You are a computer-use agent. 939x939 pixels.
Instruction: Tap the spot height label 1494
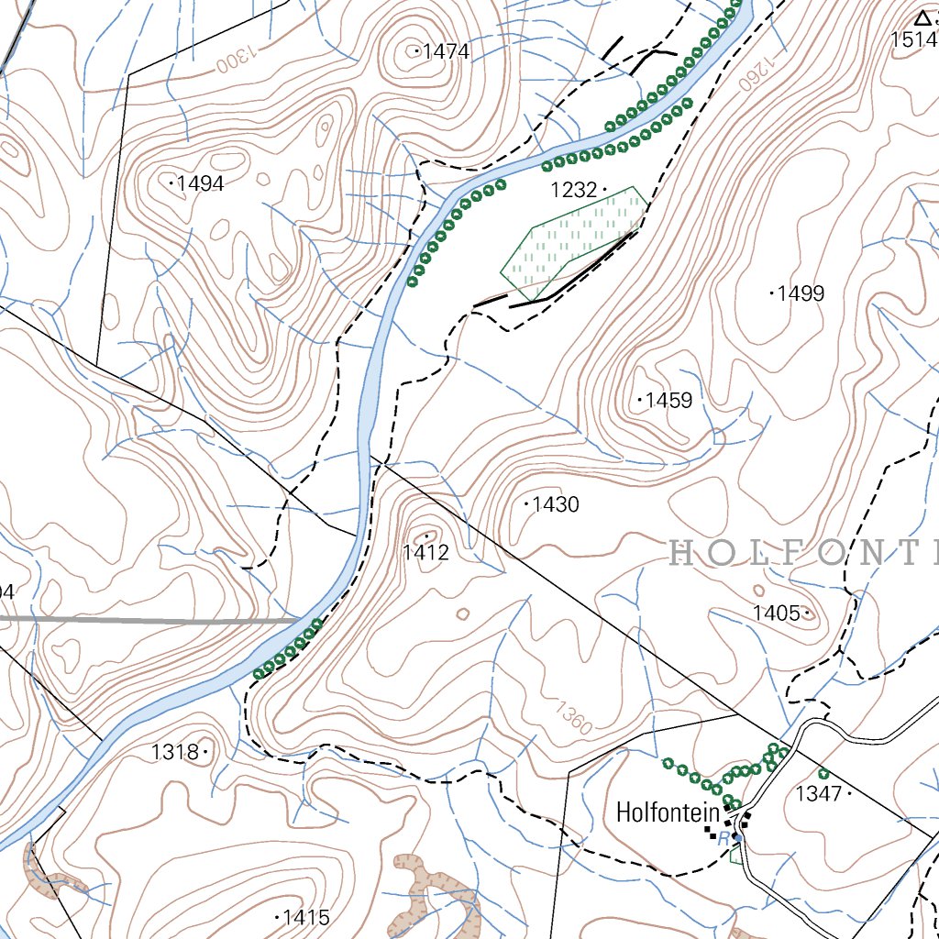point(200,184)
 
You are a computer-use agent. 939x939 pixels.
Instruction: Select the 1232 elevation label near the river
point(573,191)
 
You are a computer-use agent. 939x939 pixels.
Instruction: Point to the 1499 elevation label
point(800,294)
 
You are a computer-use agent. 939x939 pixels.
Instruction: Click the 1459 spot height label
point(668,401)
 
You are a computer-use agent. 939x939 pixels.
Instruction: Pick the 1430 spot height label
point(555,505)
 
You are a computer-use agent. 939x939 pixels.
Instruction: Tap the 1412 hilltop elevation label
point(425,553)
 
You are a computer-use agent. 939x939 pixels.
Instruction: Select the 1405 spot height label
point(777,613)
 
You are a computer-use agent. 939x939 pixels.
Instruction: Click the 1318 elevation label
point(175,753)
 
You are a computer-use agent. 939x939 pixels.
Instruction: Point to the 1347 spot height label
point(818,794)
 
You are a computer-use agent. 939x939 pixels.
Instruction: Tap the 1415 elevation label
point(306,917)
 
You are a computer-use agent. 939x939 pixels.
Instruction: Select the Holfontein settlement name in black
point(668,812)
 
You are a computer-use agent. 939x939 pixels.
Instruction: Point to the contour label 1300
point(233,60)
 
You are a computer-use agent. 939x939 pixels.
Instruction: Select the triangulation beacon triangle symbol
point(922,17)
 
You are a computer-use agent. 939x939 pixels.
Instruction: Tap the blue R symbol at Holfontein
point(724,838)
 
